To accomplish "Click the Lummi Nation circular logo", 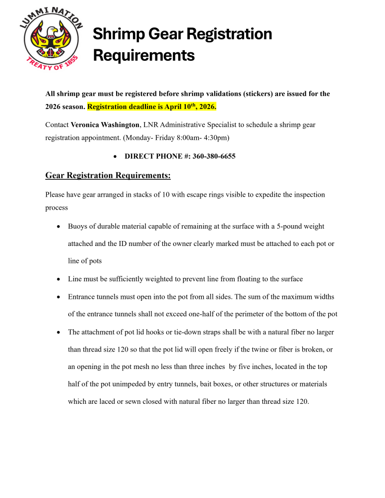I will tap(51, 44).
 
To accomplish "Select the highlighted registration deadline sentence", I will tap(152, 107).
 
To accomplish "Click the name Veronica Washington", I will tap(105, 124).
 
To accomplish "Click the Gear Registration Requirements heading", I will tap(108, 175).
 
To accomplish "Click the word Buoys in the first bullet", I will tap(78, 227).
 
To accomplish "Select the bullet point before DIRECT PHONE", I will tap(116, 156).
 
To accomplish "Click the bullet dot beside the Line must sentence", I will tap(59, 279).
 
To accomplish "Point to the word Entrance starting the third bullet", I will tap(83, 297).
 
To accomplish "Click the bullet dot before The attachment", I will tap(59, 332).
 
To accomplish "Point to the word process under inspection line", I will tap(56, 208).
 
